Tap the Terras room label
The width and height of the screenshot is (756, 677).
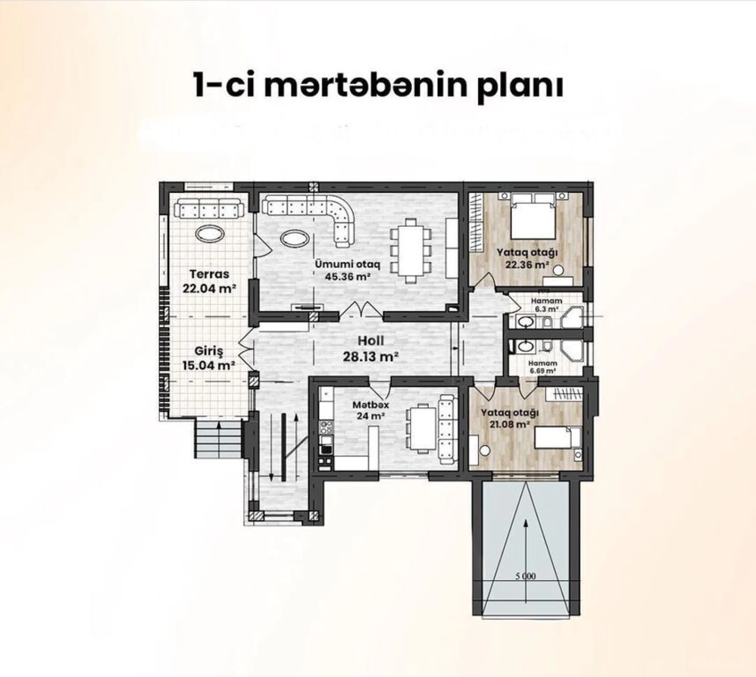pos(209,274)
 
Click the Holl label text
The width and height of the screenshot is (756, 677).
pos(371,341)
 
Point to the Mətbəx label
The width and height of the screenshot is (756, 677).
pos(371,405)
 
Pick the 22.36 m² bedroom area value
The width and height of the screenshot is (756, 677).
pos(527,265)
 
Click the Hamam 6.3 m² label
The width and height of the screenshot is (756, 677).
pos(546,305)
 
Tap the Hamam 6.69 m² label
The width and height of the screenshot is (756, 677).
pos(543,367)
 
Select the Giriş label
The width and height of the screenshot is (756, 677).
pos(209,351)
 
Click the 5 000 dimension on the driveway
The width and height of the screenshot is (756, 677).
pos(526,576)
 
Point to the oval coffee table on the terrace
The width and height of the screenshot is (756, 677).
pos(210,233)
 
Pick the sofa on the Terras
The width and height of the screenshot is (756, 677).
pos(209,209)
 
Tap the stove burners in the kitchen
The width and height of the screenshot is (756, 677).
pos(326,427)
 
